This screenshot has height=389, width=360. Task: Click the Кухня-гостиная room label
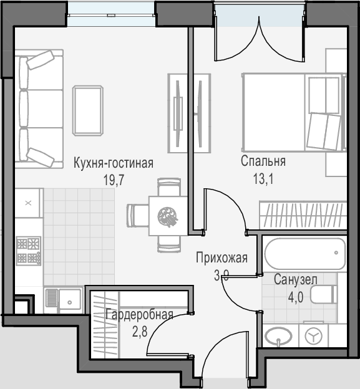tap(114, 163)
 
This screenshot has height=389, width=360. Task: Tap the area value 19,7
tap(114, 180)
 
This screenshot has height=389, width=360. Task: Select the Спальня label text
tap(263, 161)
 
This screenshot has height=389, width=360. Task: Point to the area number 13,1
tap(263, 179)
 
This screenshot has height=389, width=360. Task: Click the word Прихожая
tap(221, 257)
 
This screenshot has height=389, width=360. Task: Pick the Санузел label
tap(296, 279)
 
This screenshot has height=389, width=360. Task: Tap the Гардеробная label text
tap(139, 315)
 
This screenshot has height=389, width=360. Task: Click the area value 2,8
tap(140, 332)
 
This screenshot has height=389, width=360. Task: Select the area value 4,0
tap(296, 297)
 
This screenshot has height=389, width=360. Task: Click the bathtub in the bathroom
tap(304, 253)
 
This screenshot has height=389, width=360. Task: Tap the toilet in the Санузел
tap(324, 294)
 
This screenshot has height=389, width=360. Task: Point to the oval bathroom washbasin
tap(278, 335)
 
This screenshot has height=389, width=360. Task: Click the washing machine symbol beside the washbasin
tap(313, 336)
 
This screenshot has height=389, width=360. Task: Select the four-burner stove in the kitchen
tap(28, 251)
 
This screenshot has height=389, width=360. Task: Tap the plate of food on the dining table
tap(168, 217)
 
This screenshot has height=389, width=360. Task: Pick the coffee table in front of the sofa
tap(88, 110)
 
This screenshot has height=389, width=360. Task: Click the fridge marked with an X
tap(28, 203)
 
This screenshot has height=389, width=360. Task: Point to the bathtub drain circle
tap(336, 253)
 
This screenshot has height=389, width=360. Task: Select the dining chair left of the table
tap(138, 215)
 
